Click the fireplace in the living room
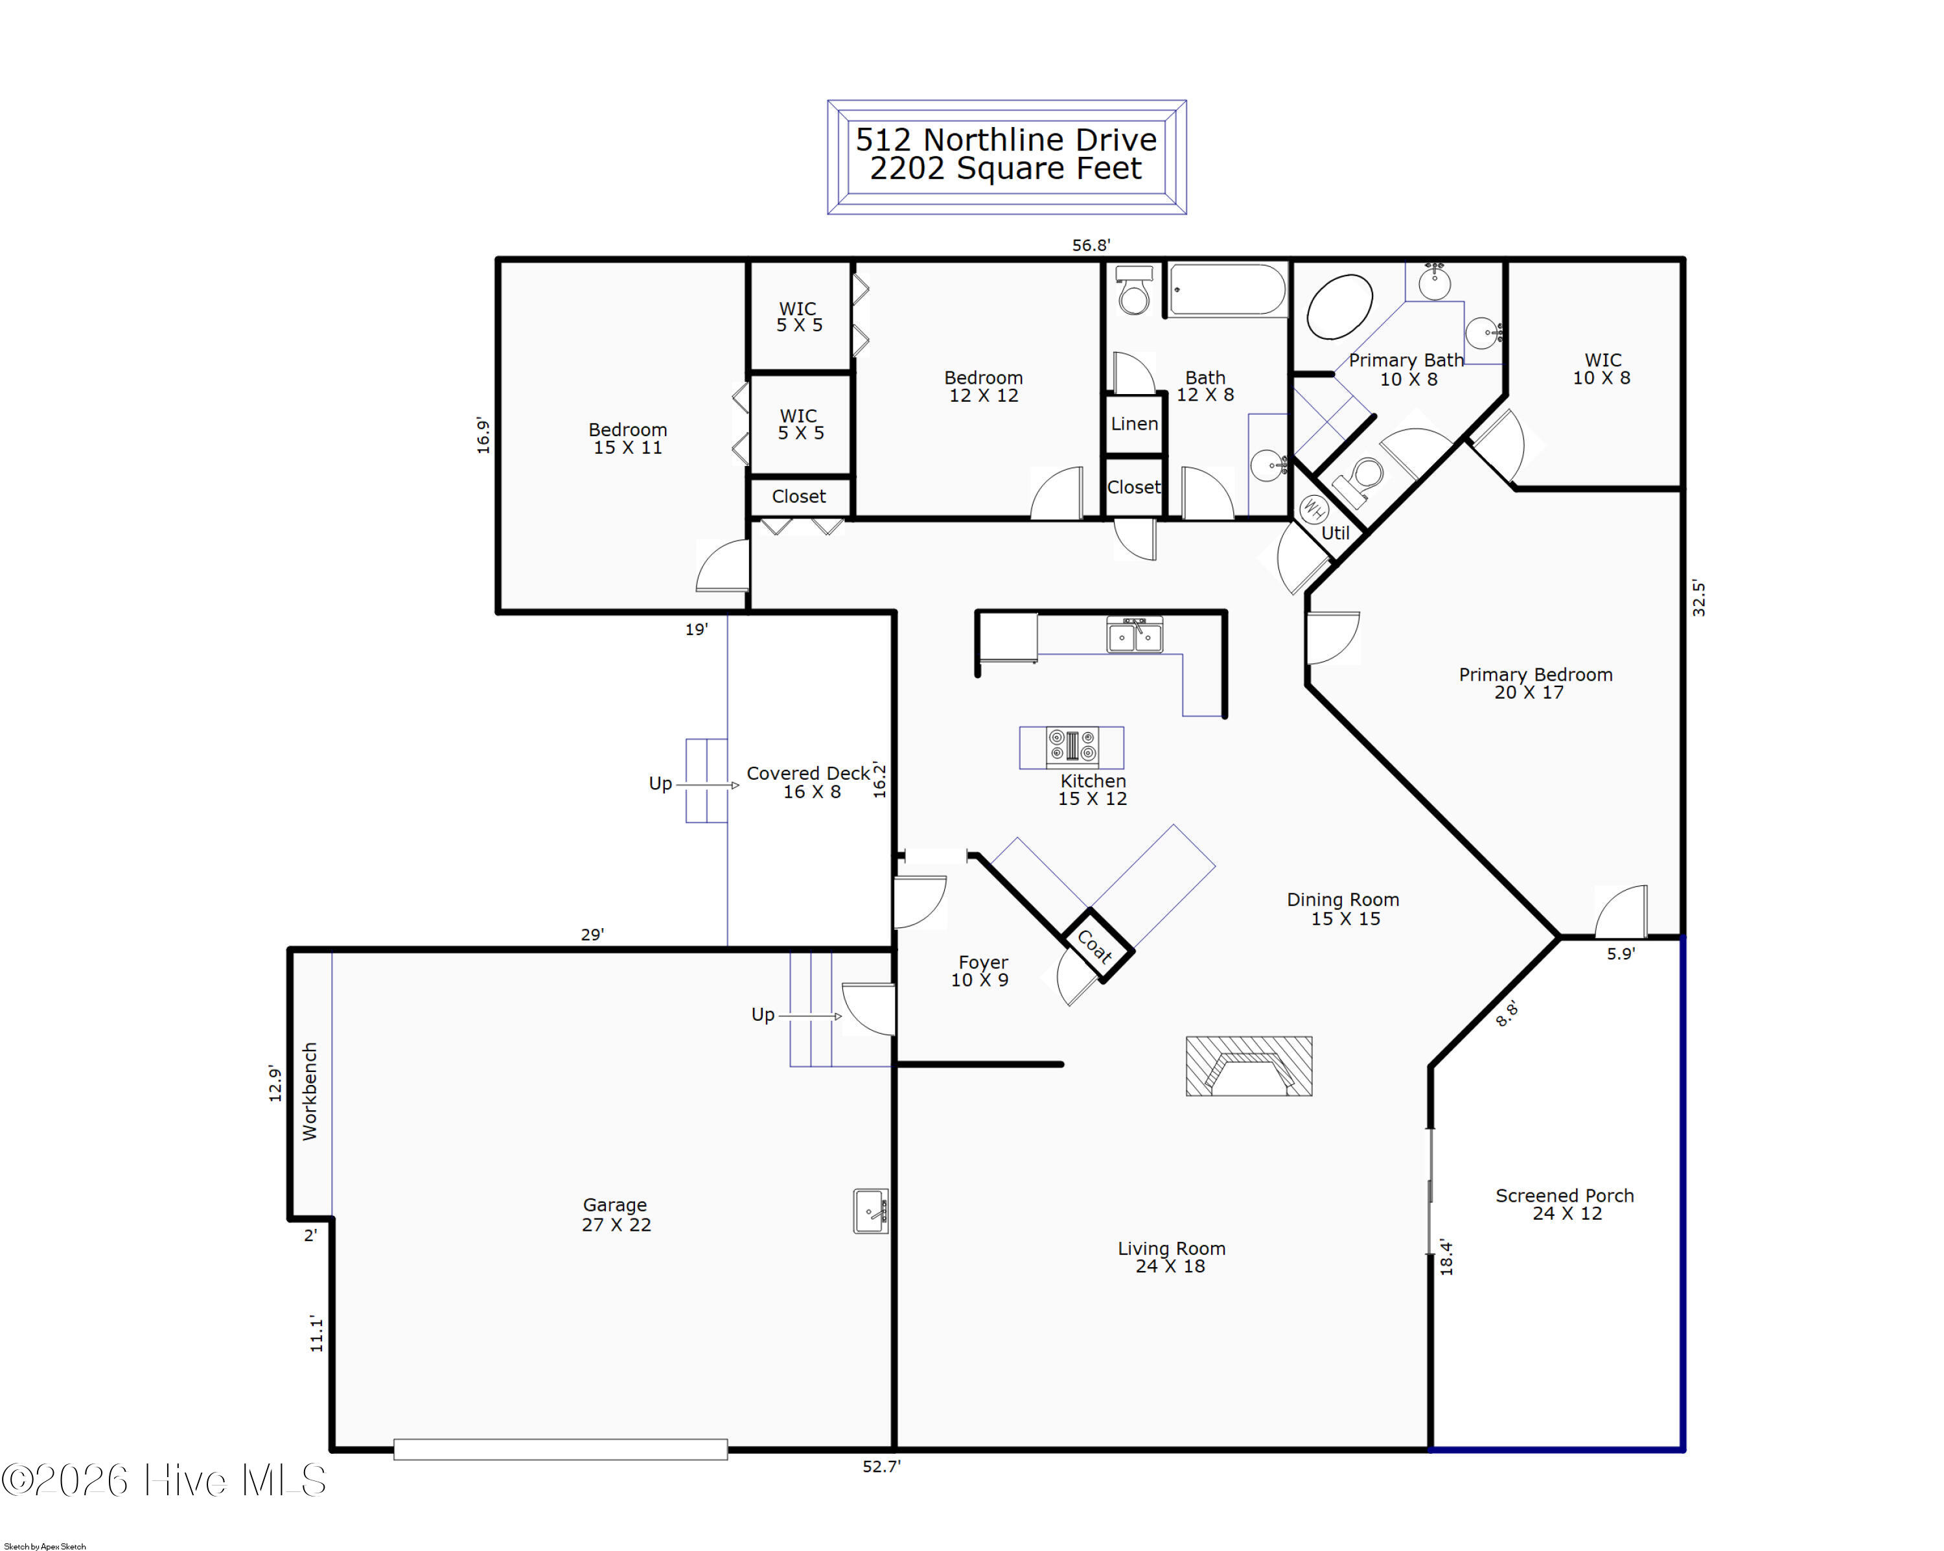(x=1248, y=1066)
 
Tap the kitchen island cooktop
(x=1072, y=747)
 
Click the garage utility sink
(x=871, y=1210)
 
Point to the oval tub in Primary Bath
(x=1340, y=307)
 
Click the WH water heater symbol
(x=1313, y=509)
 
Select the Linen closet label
(x=1134, y=424)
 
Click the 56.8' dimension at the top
(x=1091, y=244)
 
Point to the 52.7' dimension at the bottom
(x=881, y=1466)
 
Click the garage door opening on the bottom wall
(x=561, y=1449)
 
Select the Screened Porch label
(x=1564, y=1196)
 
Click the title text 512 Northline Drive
(x=1006, y=140)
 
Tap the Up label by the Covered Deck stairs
(x=660, y=784)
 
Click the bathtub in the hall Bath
(x=1228, y=290)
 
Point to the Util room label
(x=1336, y=533)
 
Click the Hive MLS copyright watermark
(x=164, y=1480)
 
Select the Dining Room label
(x=1343, y=899)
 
